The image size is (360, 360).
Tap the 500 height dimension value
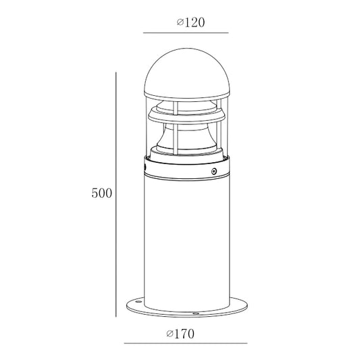tap(101, 193)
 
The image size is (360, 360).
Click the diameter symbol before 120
tap(180, 22)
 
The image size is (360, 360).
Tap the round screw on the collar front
tap(214, 172)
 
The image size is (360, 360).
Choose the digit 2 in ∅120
tap(192, 22)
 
